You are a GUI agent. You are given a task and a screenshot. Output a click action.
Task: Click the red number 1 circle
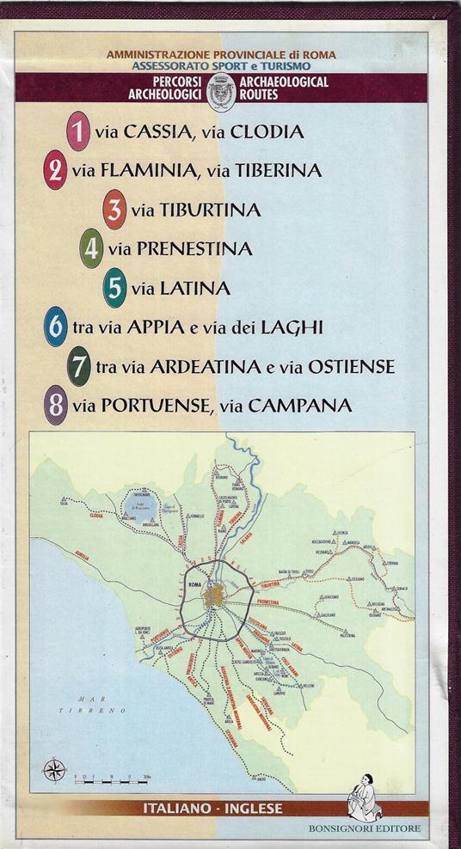[78, 131]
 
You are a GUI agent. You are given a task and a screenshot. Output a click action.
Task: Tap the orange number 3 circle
[114, 211]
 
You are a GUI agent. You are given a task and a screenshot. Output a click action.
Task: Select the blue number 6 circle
[56, 327]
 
